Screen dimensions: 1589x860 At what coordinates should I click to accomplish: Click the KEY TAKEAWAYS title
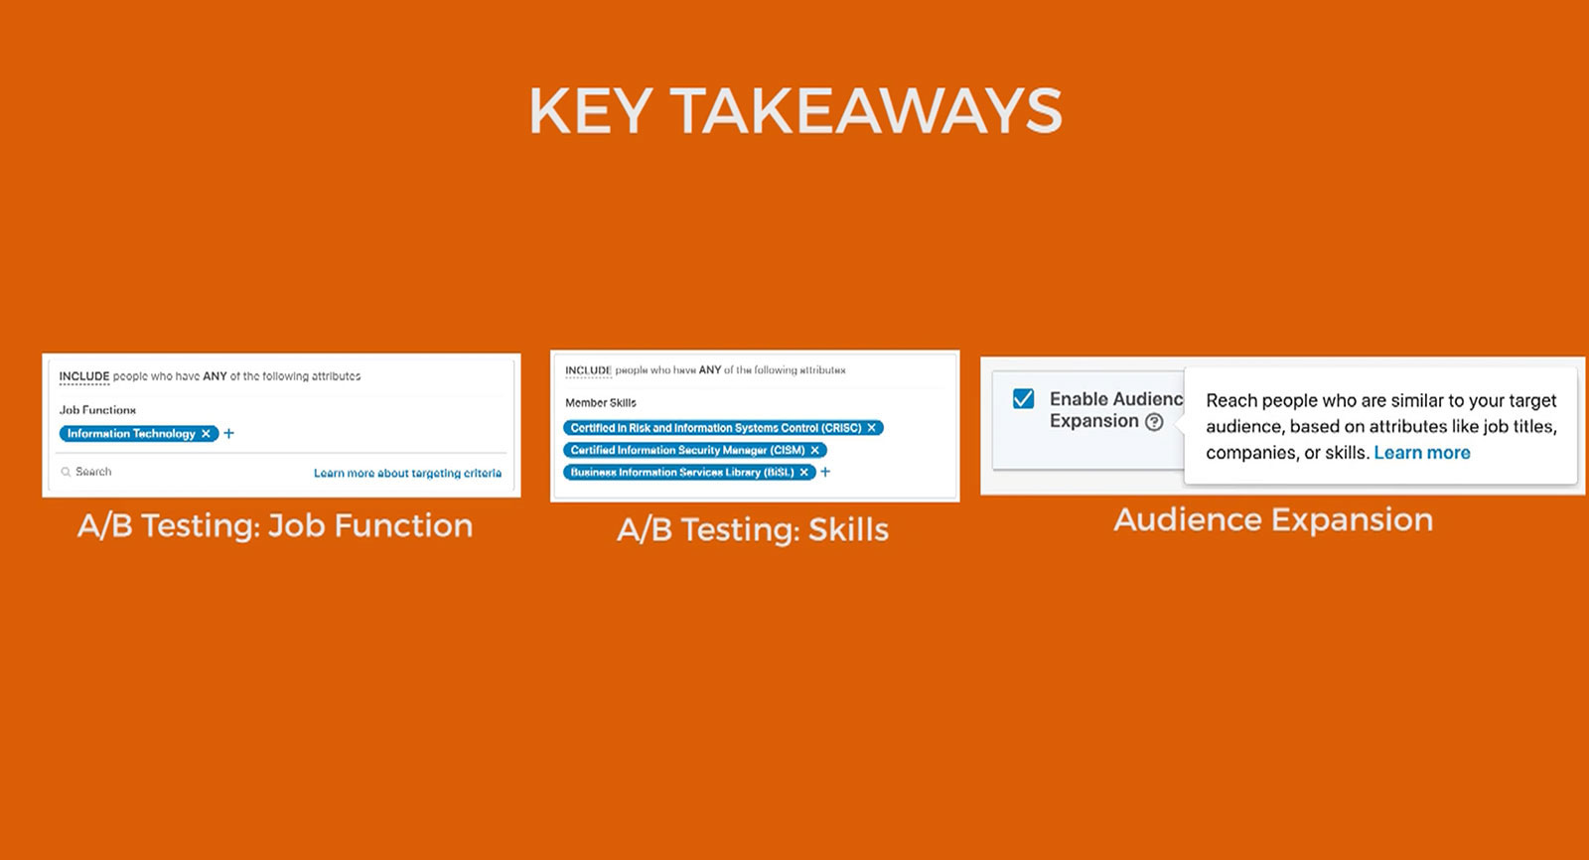[795, 110]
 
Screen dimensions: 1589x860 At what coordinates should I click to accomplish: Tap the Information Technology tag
[139, 434]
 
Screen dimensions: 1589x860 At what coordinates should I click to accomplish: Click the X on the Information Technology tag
[206, 434]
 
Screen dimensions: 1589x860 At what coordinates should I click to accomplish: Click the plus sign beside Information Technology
[228, 434]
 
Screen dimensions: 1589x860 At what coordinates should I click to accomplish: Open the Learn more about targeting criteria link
[407, 473]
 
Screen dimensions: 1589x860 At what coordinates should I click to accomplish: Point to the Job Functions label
[97, 409]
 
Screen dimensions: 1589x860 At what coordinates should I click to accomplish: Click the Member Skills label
[600, 402]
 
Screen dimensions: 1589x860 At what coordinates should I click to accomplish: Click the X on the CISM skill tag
[815, 450]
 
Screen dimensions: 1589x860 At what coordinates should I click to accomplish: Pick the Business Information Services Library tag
[689, 472]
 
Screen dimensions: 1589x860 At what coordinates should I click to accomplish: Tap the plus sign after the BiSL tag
[825, 472]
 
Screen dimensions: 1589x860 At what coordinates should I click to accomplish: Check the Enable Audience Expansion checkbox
[1023, 398]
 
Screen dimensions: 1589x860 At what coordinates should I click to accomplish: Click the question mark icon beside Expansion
[1154, 422]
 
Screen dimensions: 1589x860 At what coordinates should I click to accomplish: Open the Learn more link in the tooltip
[1421, 453]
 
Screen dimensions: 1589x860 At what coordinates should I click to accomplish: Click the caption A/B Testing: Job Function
[275, 525]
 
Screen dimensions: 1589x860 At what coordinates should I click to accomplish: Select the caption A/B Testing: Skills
[753, 530]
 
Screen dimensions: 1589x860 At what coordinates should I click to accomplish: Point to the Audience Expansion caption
[1273, 520]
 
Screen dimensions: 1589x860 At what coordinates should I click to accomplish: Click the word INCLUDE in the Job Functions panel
[84, 376]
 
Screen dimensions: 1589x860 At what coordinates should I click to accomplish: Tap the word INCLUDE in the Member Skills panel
[588, 369]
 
